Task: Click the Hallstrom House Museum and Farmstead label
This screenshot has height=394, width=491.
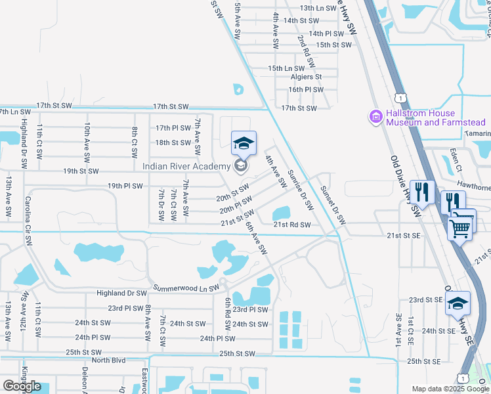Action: click(x=435, y=118)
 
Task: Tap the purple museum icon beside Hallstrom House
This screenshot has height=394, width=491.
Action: click(x=376, y=118)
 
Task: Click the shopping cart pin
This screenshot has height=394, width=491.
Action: click(x=461, y=227)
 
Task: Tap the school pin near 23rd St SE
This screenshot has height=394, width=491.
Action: click(x=458, y=303)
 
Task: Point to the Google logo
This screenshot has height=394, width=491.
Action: click(x=22, y=386)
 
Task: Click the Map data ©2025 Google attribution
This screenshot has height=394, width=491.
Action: click(x=450, y=389)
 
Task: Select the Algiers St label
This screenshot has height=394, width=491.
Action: click(x=305, y=77)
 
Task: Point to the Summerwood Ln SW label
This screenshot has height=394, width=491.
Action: click(x=185, y=288)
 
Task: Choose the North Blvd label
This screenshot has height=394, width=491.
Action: click(x=108, y=361)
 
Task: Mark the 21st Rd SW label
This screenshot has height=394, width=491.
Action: click(x=292, y=224)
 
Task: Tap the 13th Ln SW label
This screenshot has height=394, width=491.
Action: click(x=317, y=9)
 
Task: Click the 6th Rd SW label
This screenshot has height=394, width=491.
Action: click(x=228, y=313)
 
